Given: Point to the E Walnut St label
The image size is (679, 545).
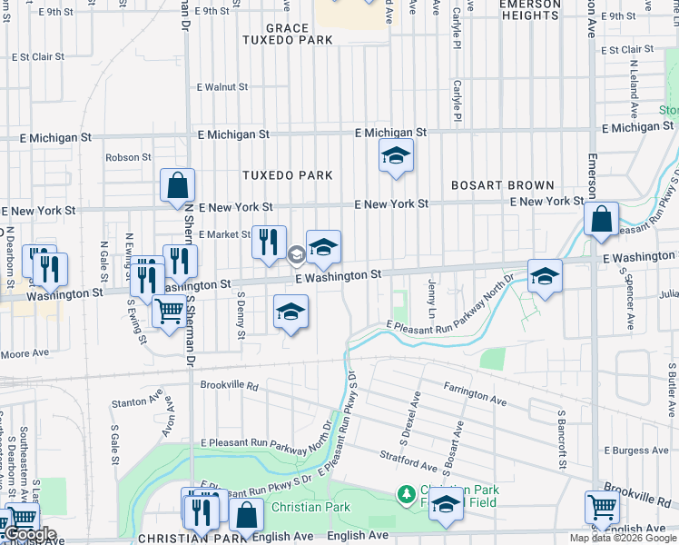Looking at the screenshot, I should point(222,87).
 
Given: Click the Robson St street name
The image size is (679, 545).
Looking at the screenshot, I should point(128,157).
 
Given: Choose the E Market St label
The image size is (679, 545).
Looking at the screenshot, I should point(218,234).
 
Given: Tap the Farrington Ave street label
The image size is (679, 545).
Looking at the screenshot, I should point(475,393).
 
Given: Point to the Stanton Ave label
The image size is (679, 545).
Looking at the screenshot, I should point(136,402).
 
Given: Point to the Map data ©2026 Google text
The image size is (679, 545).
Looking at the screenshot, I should point(622,538).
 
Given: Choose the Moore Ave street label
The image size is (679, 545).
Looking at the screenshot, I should point(25,352).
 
